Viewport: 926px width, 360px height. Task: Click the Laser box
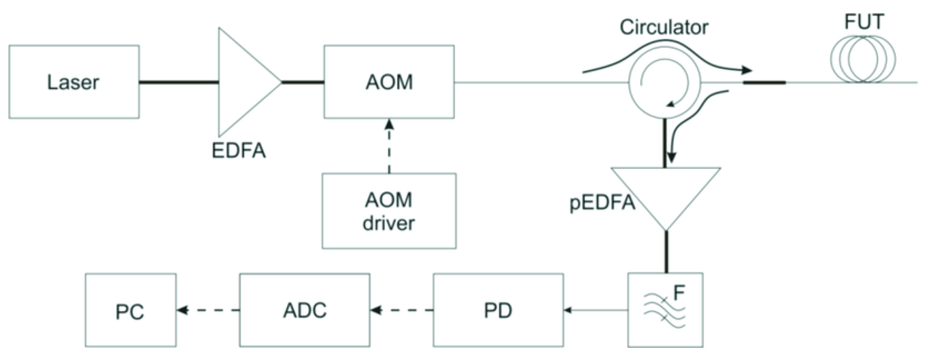tap(74, 82)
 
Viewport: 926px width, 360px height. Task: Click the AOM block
tap(389, 82)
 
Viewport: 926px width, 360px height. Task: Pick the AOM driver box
tap(389, 211)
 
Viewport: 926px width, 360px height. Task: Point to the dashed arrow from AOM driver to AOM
tap(389, 148)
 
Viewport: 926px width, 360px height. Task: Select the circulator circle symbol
tap(664, 83)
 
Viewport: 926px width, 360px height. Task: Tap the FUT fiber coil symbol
tap(863, 59)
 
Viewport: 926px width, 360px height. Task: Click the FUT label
tap(864, 22)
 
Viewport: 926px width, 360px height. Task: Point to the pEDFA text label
tap(602, 203)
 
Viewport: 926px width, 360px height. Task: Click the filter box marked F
tap(665, 310)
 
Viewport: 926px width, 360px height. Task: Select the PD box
tap(498, 310)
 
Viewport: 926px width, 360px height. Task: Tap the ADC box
tap(305, 310)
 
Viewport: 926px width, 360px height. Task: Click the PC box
tap(130, 310)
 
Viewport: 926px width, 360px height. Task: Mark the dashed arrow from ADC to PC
tap(209, 310)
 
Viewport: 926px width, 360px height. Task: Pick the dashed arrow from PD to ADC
tap(402, 310)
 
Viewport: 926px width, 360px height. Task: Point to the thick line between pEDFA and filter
tap(666, 252)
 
